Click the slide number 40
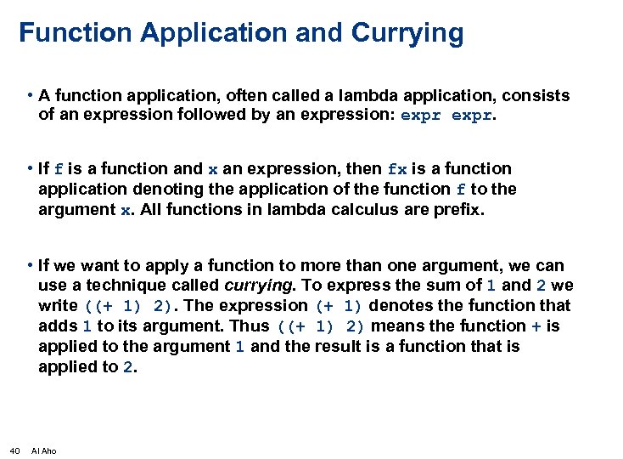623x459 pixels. point(14,450)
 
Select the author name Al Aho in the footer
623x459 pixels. point(43,450)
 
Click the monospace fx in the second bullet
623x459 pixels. point(396,169)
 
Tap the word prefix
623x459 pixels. point(458,210)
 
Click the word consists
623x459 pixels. point(539,96)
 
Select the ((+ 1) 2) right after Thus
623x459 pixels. point(322,326)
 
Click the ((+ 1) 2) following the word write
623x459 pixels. point(130,306)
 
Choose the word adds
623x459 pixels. point(58,326)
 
